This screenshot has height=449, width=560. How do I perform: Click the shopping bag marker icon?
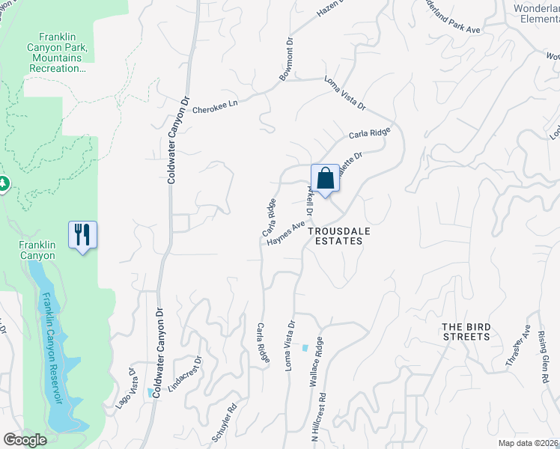point(325,180)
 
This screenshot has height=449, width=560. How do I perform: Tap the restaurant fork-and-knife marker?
point(82,235)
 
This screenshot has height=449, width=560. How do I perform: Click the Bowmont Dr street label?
point(289,56)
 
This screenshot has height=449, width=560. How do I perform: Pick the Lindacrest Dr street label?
point(186,374)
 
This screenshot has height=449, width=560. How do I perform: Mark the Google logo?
point(25,440)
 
